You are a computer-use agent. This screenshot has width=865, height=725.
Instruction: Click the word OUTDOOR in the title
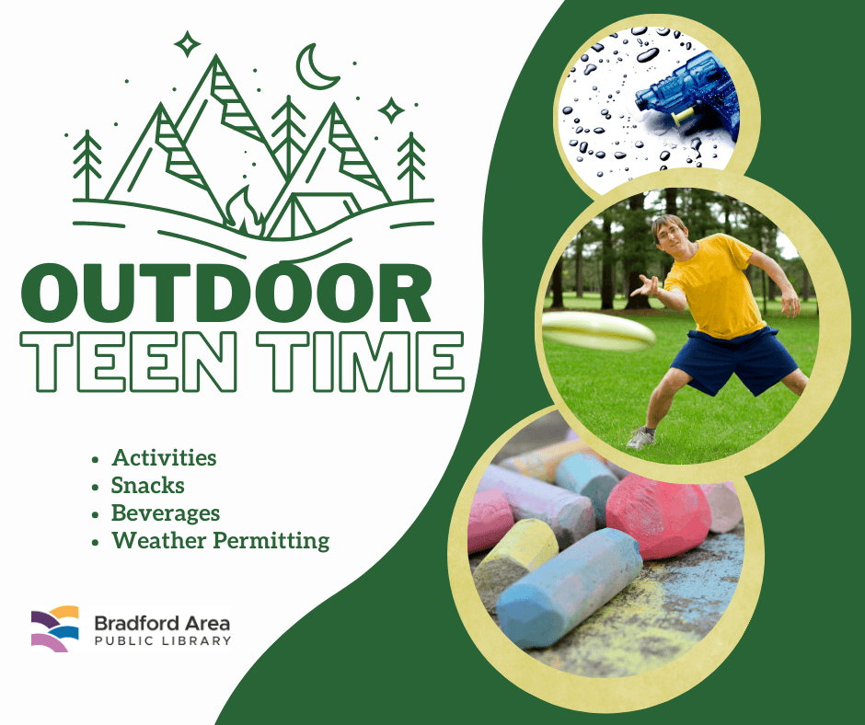click(225, 293)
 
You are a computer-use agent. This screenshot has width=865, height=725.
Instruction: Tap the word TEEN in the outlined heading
click(129, 362)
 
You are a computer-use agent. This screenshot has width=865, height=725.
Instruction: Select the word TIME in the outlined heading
click(361, 362)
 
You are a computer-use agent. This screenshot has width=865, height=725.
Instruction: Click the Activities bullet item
click(164, 458)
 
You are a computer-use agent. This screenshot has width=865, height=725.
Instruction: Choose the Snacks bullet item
click(148, 486)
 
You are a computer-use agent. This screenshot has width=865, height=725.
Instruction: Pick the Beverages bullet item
click(166, 513)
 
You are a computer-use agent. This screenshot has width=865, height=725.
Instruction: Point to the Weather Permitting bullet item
click(221, 541)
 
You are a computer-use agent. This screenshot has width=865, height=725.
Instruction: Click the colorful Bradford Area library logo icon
click(54, 628)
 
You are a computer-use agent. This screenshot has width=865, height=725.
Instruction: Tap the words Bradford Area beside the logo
click(162, 623)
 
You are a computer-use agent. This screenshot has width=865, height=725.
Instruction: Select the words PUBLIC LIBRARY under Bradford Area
click(163, 640)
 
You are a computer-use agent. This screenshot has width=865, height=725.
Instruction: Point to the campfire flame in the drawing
click(245, 212)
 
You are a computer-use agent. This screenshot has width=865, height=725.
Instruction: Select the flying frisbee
click(598, 330)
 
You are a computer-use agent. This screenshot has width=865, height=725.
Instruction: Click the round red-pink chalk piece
click(658, 516)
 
